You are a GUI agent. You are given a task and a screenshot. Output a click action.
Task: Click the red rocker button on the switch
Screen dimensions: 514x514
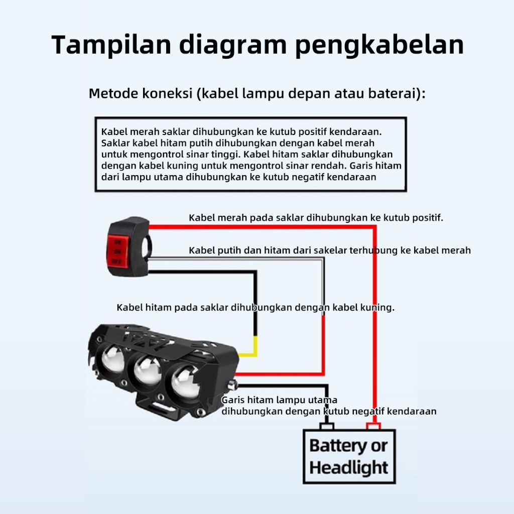pyautogui.click(x=118, y=249)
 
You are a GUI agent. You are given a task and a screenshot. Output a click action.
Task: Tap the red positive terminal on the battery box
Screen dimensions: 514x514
pyautogui.click(x=373, y=426)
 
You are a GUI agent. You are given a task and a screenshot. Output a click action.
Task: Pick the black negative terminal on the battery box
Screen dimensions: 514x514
pyautogui.click(x=327, y=426)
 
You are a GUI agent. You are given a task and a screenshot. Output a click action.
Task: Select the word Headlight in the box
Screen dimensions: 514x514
pyautogui.click(x=349, y=468)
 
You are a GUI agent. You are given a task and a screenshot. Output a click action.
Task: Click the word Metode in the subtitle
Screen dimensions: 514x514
pyautogui.click(x=112, y=94)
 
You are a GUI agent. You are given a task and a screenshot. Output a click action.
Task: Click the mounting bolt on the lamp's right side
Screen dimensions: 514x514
pyautogui.click(x=233, y=385)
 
